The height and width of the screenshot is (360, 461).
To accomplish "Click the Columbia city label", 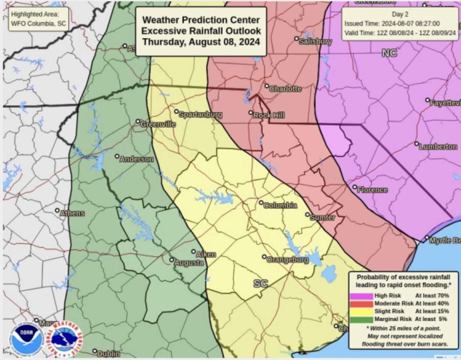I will (280, 205).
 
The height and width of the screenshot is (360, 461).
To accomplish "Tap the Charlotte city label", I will (285, 89).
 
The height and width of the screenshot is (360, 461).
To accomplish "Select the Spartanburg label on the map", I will (200, 115).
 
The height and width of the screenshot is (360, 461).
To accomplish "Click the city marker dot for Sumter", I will (307, 215).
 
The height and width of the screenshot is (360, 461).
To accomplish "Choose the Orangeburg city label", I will (288, 260).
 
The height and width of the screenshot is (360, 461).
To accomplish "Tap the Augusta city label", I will (189, 263).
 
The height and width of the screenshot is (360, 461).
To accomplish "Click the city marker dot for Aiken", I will (194, 251).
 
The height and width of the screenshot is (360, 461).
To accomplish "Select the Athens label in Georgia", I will (72, 213).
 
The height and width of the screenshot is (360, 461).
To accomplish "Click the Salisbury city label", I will (315, 41).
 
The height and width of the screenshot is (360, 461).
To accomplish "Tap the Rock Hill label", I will (269, 115).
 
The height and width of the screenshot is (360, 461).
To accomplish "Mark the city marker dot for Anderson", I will (117, 156).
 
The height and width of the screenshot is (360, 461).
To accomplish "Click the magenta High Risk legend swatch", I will (361, 296).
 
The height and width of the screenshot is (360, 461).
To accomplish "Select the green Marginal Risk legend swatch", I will (361, 319).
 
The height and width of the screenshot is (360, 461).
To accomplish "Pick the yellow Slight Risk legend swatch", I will (361, 311).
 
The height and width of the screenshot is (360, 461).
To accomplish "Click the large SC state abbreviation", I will (260, 284).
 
